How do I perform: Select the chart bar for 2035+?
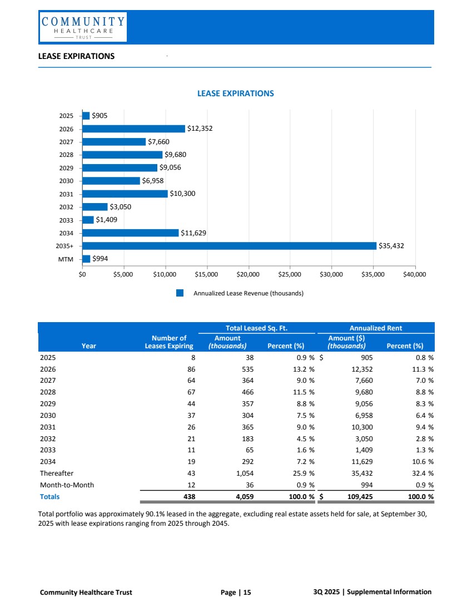pos(229,245)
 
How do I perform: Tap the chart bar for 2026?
pos(133,129)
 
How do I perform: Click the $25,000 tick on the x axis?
pos(290,274)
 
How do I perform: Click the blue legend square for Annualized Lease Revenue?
pos(180,293)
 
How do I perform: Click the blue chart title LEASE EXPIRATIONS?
pos(236,93)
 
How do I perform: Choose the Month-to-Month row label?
pos(67,485)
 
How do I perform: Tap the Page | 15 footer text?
pos(236,592)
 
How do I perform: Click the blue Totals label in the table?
pos(49,496)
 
